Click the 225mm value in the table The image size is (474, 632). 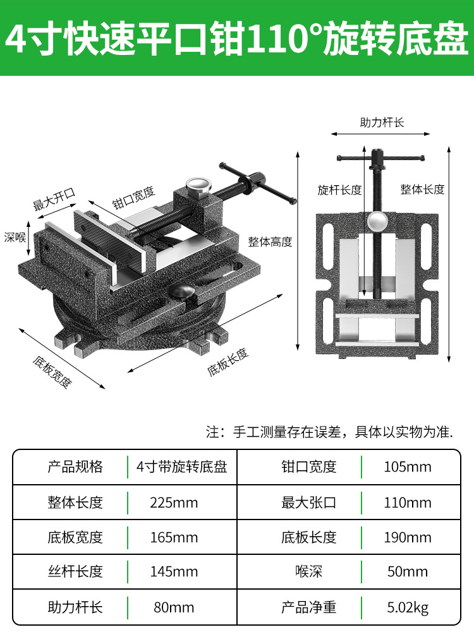pos(174,503)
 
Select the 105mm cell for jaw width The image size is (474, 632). pos(408,467)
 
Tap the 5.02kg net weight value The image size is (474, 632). pos(408,608)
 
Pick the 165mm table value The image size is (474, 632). pos(174,538)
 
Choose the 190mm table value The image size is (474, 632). pos(408,538)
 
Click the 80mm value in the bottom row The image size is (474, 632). pos(174,608)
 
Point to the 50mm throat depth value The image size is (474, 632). pos(408,572)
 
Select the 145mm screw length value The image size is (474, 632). pos(174,572)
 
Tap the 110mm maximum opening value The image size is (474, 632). pos(408,503)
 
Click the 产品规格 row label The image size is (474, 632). pos(75,467)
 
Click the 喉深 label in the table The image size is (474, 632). pos(308,572)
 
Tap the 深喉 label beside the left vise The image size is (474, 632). pos(15,238)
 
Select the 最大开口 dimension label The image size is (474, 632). pos(54,202)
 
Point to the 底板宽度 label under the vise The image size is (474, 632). pos(53,372)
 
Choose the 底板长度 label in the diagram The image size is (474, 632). pos(228,362)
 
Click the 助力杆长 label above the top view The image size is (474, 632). pos(382,123)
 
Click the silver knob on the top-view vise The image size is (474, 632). pos(377,221)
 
